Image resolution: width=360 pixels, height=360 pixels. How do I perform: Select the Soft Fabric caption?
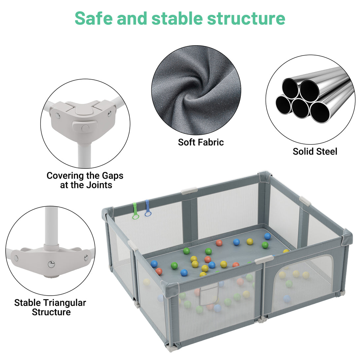(x=201, y=142)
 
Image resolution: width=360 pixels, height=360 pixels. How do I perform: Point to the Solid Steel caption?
(x=315, y=152)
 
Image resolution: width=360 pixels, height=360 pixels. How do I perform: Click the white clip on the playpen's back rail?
(x=189, y=191)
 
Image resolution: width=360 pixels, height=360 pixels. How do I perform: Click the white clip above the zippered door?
(x=264, y=259)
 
